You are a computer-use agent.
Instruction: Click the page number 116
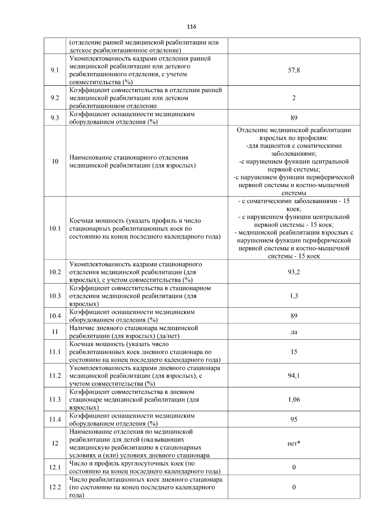pos(191,27)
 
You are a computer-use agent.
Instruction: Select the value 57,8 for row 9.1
pos(294,70)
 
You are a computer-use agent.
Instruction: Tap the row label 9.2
pos(55,98)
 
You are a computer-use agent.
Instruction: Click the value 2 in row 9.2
pos(294,98)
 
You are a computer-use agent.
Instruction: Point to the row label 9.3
pos(55,118)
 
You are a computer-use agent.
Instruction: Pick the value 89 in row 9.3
pos(294,118)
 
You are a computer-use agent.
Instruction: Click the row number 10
pos(55,161)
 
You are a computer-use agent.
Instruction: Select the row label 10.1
pos(55,229)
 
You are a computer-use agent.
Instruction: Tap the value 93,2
pos(294,272)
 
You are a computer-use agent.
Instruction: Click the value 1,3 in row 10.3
pos(294,296)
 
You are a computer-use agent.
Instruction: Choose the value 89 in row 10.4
pos(294,316)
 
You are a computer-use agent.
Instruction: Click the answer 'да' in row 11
pos(294,332)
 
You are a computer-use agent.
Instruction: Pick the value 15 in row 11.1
pos(294,352)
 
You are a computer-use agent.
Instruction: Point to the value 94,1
pos(294,375)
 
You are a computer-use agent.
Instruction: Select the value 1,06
pos(294,399)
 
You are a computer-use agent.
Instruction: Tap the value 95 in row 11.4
pos(294,419)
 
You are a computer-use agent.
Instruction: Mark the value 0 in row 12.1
pos(294,467)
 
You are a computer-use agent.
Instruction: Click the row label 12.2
pos(55,487)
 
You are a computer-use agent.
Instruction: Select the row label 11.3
pos(55,399)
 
